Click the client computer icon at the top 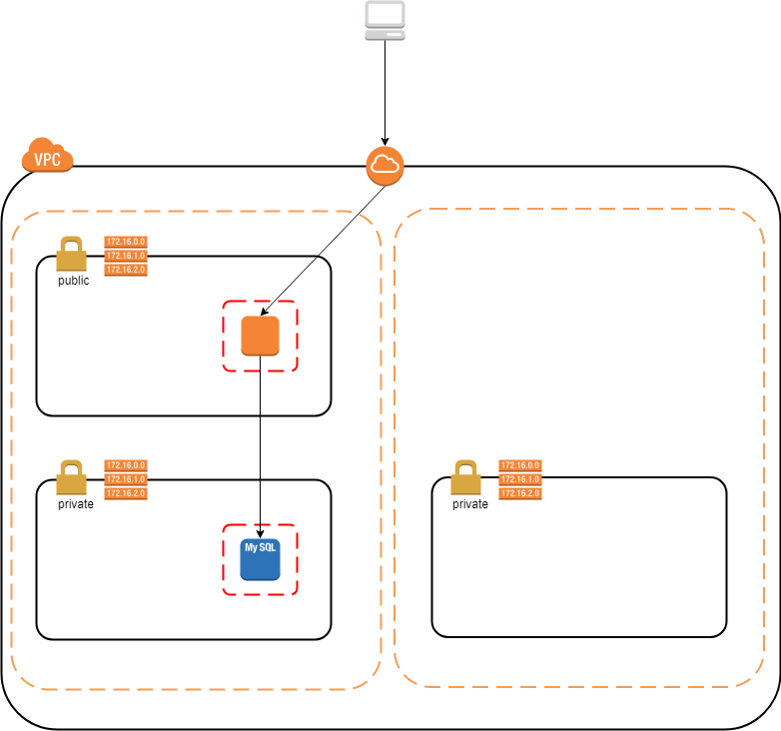click(385, 21)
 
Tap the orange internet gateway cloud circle click(385, 166)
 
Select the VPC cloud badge click(48, 157)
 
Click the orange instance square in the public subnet click(260, 336)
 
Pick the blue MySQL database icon click(260, 560)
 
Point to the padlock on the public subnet click(71, 255)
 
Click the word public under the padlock click(73, 281)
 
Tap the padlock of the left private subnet click(71, 478)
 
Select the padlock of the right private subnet click(465, 478)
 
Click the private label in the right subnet click(470, 504)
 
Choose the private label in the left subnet click(76, 504)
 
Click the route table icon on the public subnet click(126, 256)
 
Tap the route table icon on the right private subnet click(520, 479)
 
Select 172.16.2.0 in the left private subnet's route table click(126, 493)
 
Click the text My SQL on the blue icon click(260, 547)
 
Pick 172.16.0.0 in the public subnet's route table click(126, 242)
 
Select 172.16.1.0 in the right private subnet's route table click(520, 479)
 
